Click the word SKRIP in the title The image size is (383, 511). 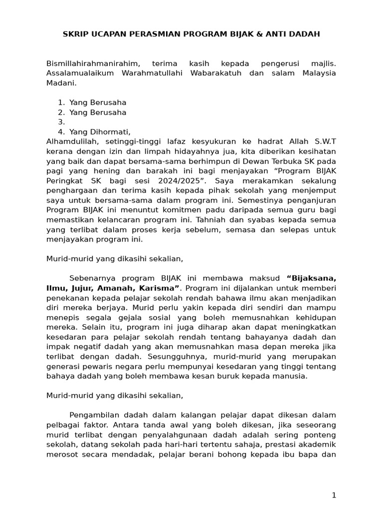pyautogui.click(x=75, y=34)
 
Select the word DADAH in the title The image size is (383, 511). pyautogui.click(x=307, y=34)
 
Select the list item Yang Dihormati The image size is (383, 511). pyautogui.click(x=100, y=132)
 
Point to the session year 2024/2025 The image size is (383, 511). pyautogui.click(x=172, y=180)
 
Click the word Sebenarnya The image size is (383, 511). pyautogui.click(x=92, y=277)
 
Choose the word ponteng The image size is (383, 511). pyautogui.click(x=320, y=434)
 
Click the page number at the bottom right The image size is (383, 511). pyautogui.click(x=334, y=495)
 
